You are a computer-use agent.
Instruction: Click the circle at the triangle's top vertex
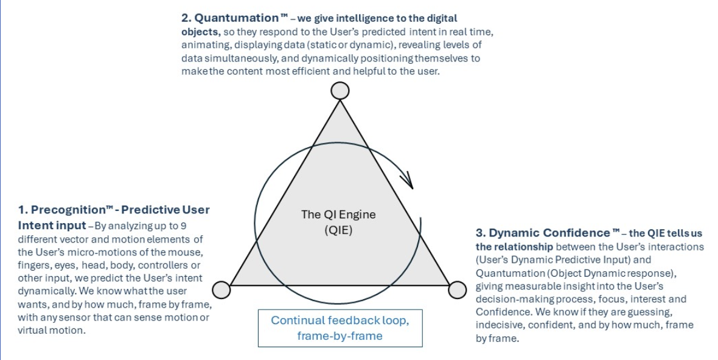point(340,91)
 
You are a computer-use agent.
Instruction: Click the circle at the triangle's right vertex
point(457,290)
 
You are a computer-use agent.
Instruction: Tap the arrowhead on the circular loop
point(408,180)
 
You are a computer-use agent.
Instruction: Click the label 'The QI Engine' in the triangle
point(338,215)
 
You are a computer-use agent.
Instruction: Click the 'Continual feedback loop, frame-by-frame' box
point(340,328)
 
